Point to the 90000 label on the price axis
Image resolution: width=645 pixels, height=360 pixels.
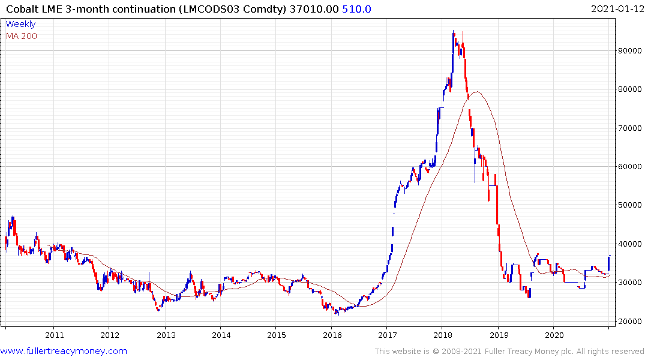[631, 51]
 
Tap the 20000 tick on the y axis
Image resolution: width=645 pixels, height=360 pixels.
[631, 321]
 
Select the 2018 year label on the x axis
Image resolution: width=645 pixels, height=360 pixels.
[443, 335]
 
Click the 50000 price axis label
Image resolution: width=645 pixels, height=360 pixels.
[631, 205]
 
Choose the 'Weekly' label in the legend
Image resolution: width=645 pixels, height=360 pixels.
[20, 24]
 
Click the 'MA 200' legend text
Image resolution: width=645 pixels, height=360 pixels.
[21, 36]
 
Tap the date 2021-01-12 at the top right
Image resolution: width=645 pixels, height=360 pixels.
[616, 8]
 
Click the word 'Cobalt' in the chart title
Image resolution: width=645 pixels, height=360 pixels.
[22, 8]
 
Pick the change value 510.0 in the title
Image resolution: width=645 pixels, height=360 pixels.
[358, 8]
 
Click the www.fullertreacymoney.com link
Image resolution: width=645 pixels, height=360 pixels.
[64, 351]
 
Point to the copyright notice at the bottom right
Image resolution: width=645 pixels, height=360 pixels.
[509, 352]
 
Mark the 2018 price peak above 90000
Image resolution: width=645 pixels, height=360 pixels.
[454, 32]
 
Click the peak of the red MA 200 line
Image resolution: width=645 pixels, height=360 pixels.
[477, 92]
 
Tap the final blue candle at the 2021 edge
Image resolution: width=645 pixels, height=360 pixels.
[609, 263]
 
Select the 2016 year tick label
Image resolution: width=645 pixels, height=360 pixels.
[332, 335]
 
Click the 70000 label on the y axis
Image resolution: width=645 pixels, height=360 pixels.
[631, 128]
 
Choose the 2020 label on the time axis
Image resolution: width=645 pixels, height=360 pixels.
[554, 335]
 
